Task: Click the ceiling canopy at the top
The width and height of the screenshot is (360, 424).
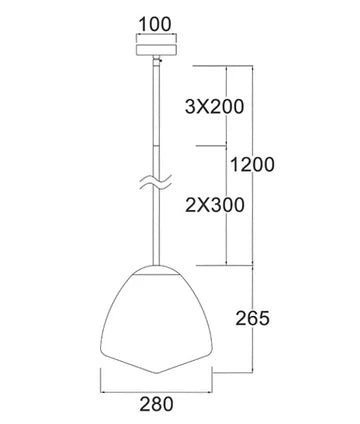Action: click(x=155, y=48)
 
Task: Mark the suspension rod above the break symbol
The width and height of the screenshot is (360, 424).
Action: click(x=156, y=120)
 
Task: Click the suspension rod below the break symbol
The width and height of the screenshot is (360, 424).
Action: click(x=156, y=230)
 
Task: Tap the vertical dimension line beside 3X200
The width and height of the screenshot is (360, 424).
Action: click(x=230, y=105)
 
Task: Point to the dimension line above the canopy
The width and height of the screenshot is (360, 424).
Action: click(x=155, y=34)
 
